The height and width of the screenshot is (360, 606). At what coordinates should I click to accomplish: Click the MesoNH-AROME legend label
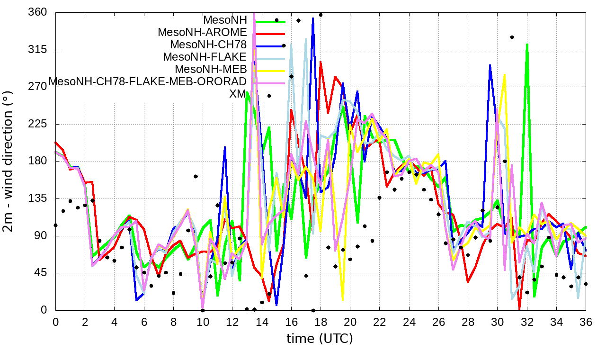(202, 33)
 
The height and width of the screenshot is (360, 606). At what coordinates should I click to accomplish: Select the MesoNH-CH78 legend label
(208, 45)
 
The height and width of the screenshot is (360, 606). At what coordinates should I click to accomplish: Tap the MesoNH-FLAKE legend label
(205, 57)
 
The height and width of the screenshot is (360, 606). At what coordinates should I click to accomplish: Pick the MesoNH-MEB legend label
(211, 69)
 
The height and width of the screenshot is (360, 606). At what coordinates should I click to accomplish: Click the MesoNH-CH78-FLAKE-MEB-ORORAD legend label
(148, 81)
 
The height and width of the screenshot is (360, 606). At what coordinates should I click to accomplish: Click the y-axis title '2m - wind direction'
(9, 162)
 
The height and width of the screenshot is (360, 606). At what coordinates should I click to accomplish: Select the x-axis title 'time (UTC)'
(320, 339)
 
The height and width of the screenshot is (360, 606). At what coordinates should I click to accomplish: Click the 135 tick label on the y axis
(38, 198)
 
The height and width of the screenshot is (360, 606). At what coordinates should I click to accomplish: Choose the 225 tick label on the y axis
(38, 124)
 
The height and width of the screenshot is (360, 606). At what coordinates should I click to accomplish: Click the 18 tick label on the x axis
(321, 322)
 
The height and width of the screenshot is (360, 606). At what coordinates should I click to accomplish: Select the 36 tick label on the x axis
(586, 322)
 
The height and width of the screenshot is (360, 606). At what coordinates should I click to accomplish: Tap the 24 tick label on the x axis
(409, 322)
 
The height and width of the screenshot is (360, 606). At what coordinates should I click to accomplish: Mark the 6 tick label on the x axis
(144, 322)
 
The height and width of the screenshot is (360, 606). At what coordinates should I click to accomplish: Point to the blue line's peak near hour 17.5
(313, 18)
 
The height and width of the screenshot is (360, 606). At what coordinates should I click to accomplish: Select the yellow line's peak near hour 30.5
(505, 74)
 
